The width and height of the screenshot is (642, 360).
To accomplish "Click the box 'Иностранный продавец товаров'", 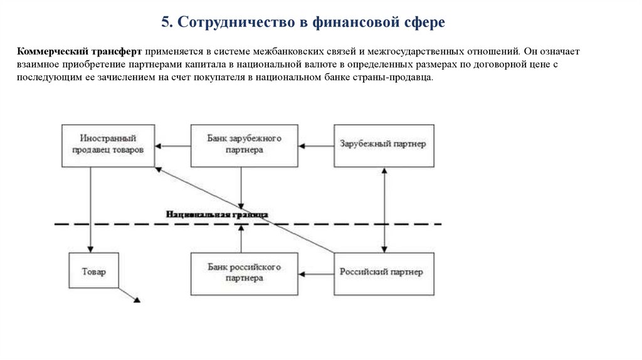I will click(108, 145).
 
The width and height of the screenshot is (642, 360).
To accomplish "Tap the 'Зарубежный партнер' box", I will click(383, 145).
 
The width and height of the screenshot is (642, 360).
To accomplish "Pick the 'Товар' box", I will click(94, 272).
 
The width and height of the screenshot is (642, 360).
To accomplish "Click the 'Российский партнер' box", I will click(383, 272).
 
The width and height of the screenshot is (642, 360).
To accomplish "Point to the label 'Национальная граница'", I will click(217, 214).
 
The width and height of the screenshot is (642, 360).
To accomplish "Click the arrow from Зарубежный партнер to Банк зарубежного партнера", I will click(316, 146).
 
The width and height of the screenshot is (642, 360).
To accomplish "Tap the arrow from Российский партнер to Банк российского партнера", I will click(316, 273).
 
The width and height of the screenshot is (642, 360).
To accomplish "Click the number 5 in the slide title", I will click(166, 23).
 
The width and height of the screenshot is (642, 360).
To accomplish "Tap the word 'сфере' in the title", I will click(424, 23).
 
